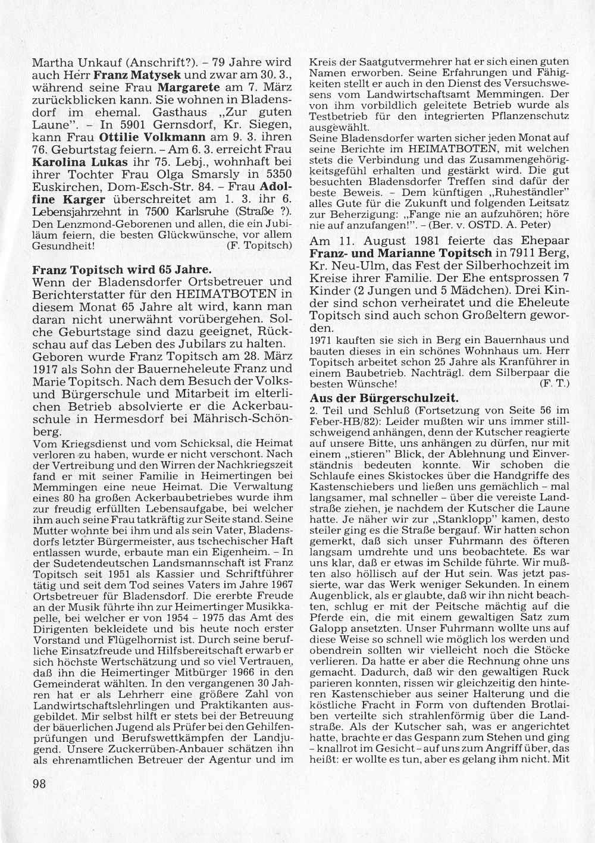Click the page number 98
pos(39,784)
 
